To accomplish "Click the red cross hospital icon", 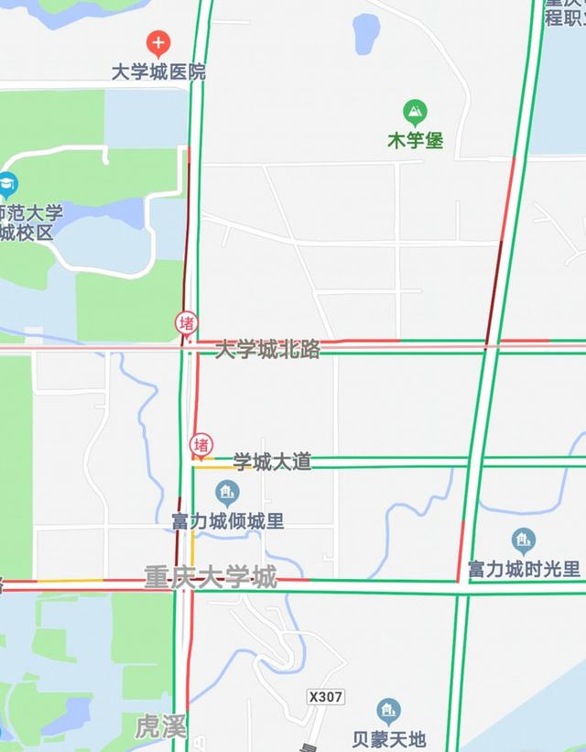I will pos(158,42).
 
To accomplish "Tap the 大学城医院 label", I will pos(158,71).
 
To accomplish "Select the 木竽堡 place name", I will pos(415,141).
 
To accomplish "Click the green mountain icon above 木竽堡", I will pos(416,114).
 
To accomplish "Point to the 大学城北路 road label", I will pos(267,349).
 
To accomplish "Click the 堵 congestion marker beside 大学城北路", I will pos(187,323).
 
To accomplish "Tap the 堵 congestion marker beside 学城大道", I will pos(201,445).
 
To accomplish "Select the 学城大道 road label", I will pos(272,462).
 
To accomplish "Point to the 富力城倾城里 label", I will pos(227,521).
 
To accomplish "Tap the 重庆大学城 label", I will pos(210,577).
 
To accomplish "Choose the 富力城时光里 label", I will pos(524,569).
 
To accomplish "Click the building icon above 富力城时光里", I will pos(524,540).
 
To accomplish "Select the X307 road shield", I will pos(326,697).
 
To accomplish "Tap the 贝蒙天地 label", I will pos(389,738).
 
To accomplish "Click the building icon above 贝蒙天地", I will pos(389,711).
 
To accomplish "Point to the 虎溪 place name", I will pos(161,728).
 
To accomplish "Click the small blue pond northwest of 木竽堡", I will pos(366,34).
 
